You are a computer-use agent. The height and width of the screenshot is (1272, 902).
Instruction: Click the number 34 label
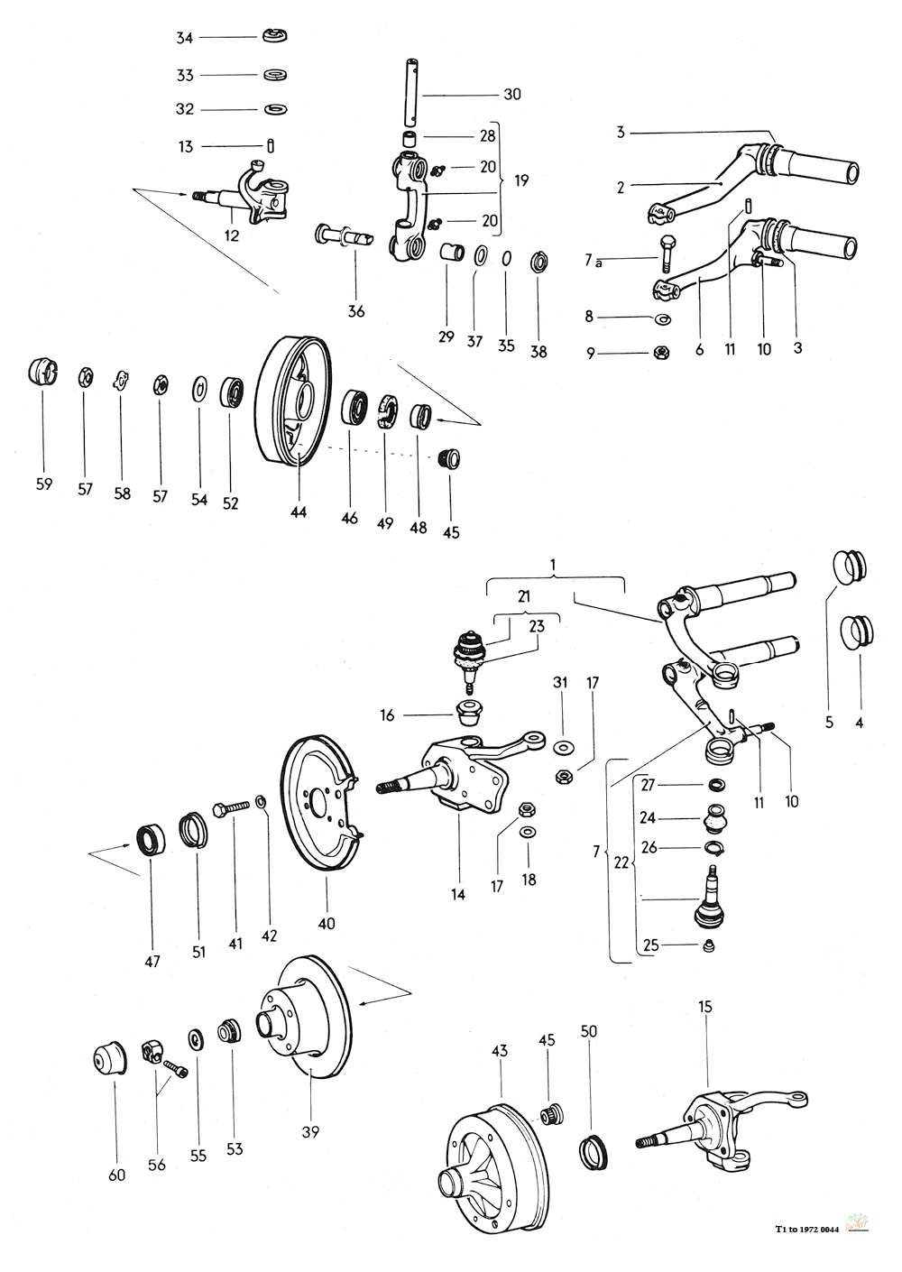[x=185, y=38]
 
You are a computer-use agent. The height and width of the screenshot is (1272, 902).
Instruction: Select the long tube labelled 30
[x=411, y=93]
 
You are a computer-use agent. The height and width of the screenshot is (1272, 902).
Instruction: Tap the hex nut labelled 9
[x=662, y=354]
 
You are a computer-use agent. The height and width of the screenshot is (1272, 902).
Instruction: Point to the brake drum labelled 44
[x=292, y=401]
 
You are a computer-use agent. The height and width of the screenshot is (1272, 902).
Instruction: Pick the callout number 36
[x=356, y=312]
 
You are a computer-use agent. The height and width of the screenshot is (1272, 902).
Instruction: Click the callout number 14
[x=458, y=895]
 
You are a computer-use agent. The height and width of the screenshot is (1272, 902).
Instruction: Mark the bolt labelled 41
[x=231, y=808]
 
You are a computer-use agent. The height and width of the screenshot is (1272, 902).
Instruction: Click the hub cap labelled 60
[x=109, y=1058]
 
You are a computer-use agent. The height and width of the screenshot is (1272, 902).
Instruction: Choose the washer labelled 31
[x=563, y=744]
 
